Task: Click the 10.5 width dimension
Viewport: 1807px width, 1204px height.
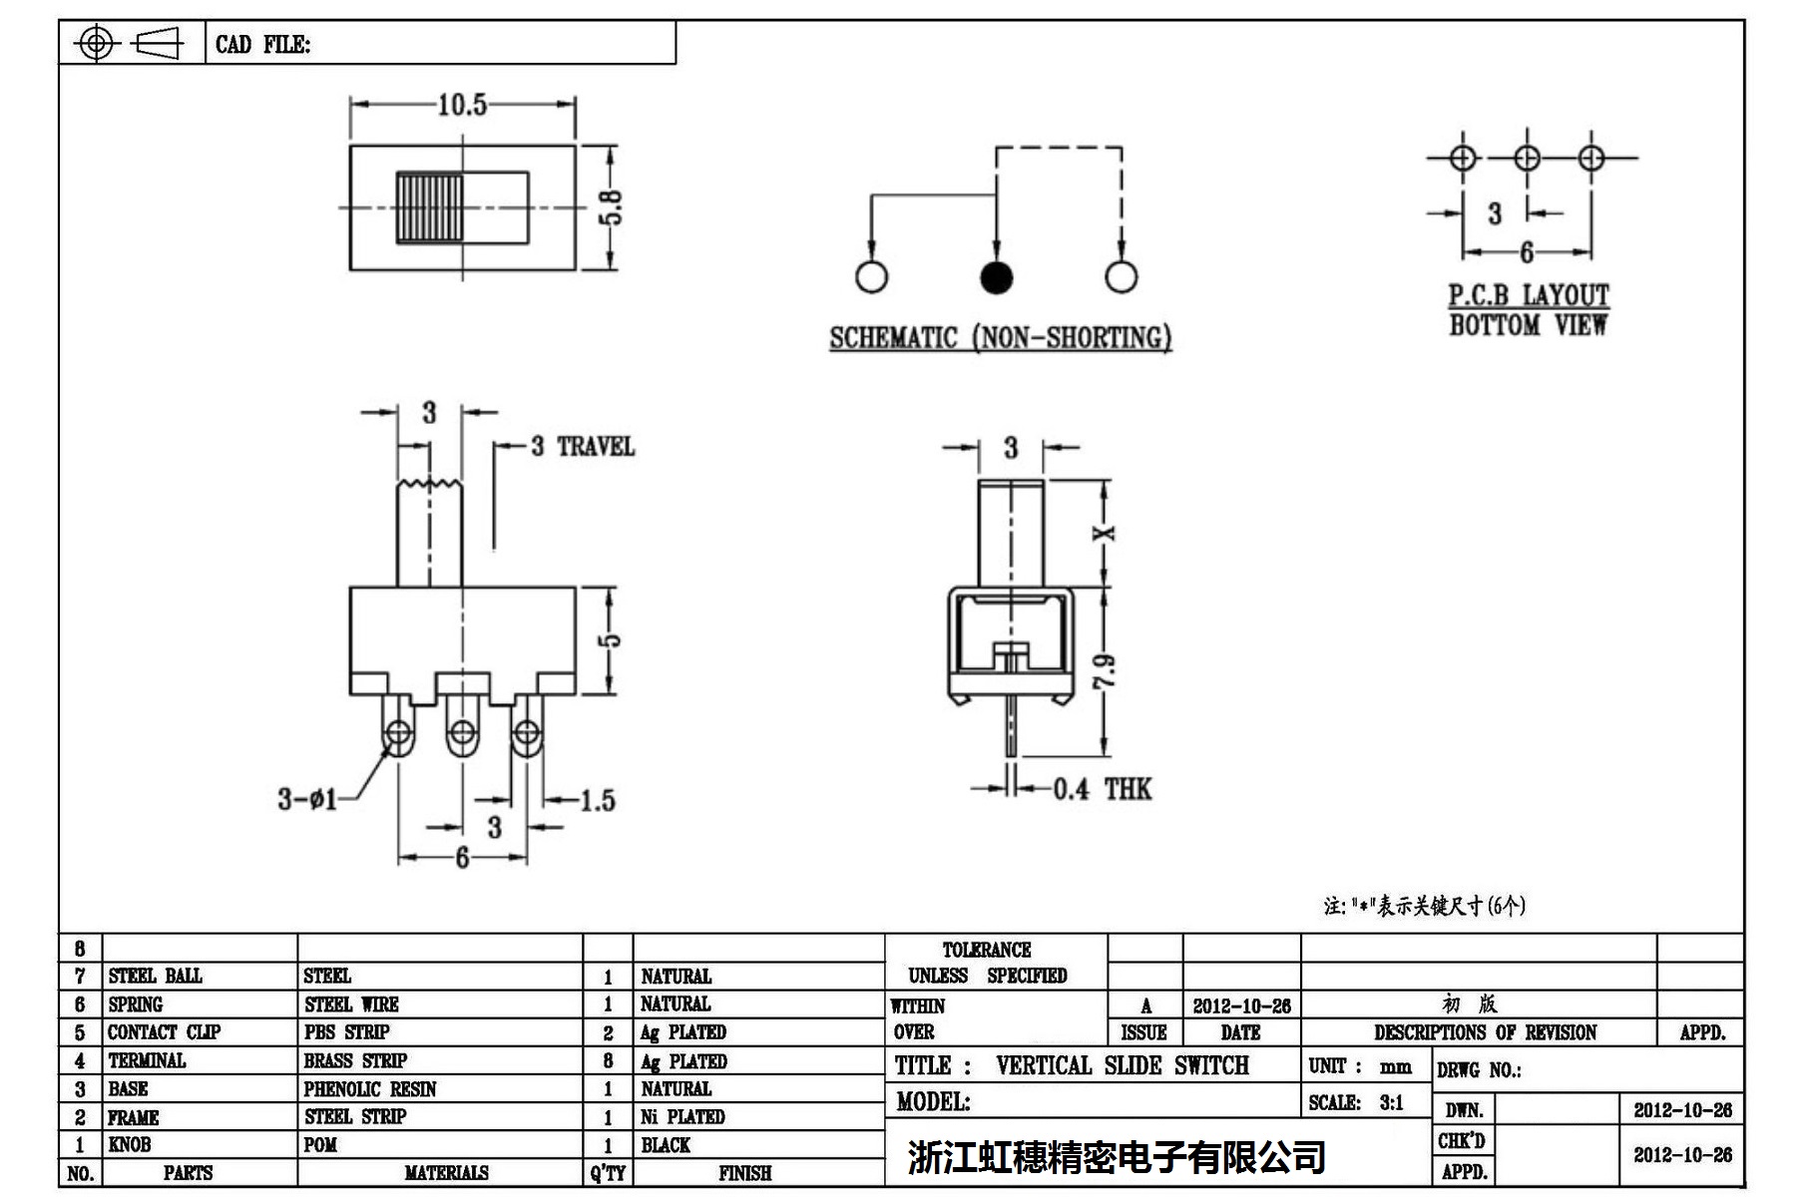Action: [462, 105]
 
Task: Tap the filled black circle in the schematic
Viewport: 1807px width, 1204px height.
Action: [996, 277]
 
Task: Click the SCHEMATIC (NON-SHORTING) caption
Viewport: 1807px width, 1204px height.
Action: [1000, 338]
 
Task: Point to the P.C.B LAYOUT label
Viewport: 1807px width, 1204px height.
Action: [1528, 295]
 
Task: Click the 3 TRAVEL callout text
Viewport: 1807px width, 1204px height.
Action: [584, 446]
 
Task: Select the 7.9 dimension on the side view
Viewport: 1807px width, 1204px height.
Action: [1105, 671]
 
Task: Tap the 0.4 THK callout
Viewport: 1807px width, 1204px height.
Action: [1102, 790]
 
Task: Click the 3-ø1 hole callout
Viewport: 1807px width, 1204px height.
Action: [307, 799]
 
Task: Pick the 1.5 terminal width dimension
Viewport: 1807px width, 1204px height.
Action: [598, 800]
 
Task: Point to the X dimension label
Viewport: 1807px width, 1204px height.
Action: [1105, 534]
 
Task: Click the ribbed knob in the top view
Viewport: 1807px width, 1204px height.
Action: [429, 207]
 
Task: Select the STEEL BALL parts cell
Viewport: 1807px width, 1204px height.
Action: [155, 976]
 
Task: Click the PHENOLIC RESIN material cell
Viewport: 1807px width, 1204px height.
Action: [370, 1089]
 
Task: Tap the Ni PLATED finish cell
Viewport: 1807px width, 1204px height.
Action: [682, 1117]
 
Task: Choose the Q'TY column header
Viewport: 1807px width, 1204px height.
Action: [608, 1173]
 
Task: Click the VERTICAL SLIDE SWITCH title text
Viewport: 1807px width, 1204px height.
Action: [1122, 1065]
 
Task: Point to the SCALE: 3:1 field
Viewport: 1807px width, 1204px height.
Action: [1356, 1102]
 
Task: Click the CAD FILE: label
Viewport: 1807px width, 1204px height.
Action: [262, 45]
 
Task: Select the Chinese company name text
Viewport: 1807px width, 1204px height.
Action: [1116, 1157]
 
